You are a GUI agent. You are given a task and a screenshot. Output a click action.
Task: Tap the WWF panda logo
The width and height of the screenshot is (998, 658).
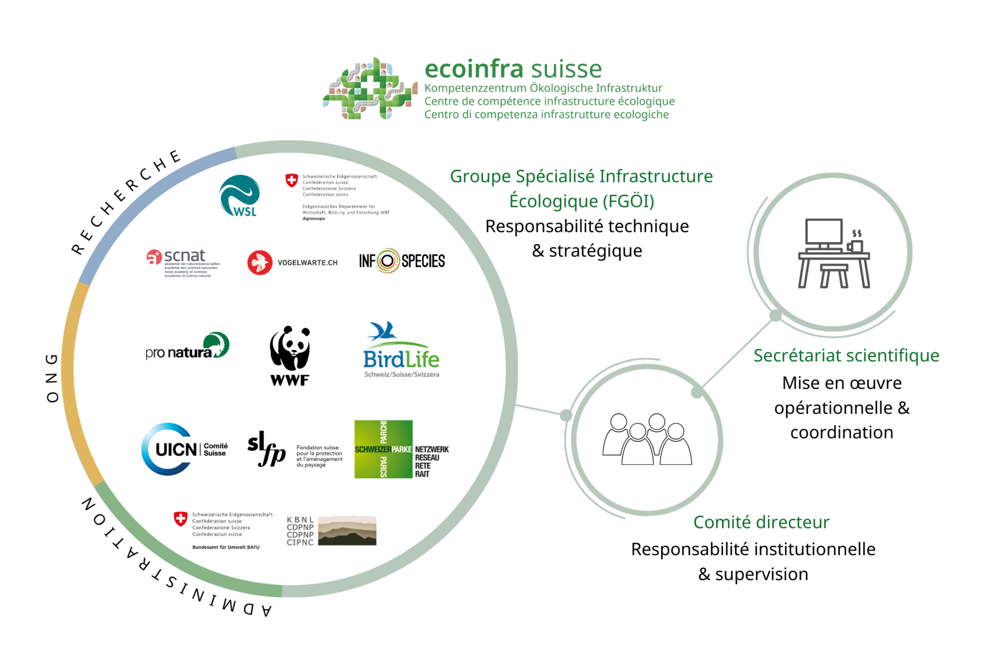tap(290, 356)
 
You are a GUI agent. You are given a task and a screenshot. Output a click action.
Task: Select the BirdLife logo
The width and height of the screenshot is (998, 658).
tap(401, 350)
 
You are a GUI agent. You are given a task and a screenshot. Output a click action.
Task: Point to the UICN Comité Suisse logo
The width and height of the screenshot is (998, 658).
tap(185, 449)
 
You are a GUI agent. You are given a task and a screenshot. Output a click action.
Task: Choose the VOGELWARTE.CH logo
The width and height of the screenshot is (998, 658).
tap(293, 262)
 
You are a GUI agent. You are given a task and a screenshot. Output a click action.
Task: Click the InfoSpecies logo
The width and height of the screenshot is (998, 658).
tap(402, 261)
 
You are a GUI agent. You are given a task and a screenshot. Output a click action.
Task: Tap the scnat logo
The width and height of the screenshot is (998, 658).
tap(181, 262)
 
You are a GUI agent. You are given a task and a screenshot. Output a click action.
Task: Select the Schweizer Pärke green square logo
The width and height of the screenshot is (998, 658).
tap(384, 449)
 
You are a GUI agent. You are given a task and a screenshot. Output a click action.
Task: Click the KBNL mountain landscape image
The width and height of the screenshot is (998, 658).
tap(347, 531)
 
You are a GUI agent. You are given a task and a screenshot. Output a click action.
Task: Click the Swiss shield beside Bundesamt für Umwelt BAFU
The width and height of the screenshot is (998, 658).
tap(180, 519)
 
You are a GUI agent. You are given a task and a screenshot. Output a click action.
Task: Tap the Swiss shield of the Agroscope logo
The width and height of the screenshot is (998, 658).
tap(292, 180)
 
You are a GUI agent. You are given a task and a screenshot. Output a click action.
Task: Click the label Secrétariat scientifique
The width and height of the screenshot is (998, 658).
tap(846, 356)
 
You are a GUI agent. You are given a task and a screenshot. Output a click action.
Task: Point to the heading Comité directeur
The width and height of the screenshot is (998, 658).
tap(761, 522)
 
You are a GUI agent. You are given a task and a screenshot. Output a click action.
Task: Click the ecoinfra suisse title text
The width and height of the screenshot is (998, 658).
tap(513, 69)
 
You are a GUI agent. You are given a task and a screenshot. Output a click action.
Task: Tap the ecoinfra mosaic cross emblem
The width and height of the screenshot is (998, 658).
tap(370, 88)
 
